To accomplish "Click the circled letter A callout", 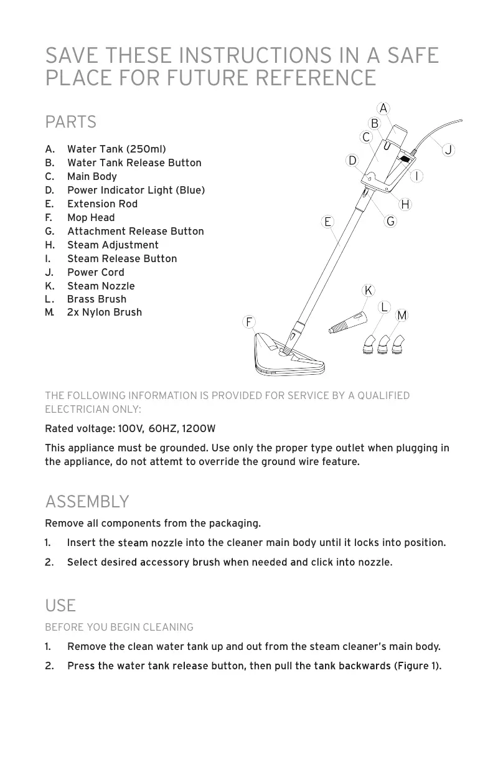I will (x=383, y=108).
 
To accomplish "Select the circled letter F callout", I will (x=249, y=322).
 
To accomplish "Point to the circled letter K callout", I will (x=369, y=291).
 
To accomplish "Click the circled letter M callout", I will (x=402, y=316).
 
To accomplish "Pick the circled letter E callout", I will (x=327, y=222).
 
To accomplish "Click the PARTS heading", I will (x=71, y=122).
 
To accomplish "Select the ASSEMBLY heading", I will (x=87, y=502).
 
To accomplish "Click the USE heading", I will (x=60, y=606).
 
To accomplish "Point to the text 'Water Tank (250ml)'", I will (x=116, y=149).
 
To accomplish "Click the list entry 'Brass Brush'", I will (x=96, y=299).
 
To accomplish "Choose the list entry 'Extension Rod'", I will (x=102, y=204).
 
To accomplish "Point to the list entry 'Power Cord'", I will (x=95, y=273).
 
